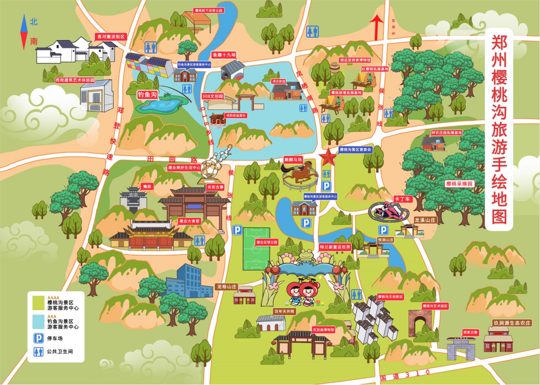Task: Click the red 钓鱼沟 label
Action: [x=147, y=95]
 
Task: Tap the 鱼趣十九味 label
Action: [x=224, y=55]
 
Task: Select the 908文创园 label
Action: [x=213, y=96]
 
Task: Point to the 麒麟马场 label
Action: [x=293, y=159]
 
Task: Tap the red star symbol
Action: [x=328, y=157]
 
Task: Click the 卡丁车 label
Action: [x=402, y=199]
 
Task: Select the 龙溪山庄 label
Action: [x=425, y=220]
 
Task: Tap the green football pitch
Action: [x=256, y=249]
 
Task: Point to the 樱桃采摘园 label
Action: [x=459, y=184]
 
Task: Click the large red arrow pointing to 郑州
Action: [x=376, y=26]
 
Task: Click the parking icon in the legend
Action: [x=38, y=338]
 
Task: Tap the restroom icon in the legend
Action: [x=38, y=351]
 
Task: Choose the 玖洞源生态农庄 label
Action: [x=512, y=323]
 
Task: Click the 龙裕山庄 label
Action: [x=227, y=287]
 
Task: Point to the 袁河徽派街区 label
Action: [x=110, y=37]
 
